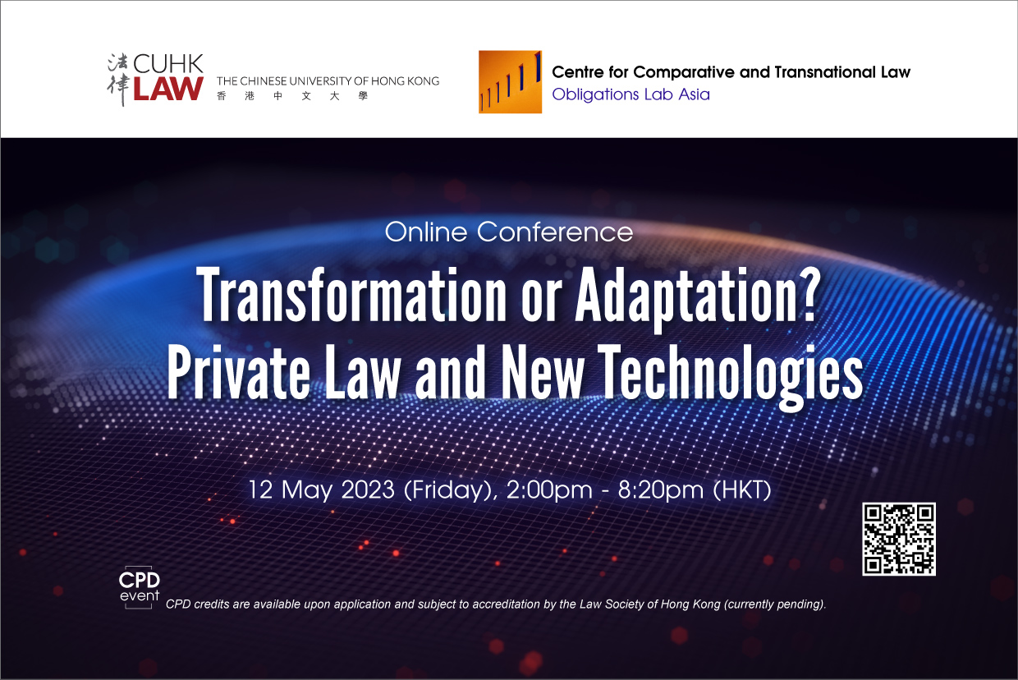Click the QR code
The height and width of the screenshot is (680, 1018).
click(x=898, y=539)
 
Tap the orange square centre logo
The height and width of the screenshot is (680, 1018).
click(x=510, y=82)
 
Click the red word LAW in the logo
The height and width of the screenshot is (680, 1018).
click(x=168, y=89)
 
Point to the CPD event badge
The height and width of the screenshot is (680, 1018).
click(x=139, y=587)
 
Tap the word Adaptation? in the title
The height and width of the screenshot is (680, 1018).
click(x=698, y=298)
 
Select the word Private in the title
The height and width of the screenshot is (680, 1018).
click(x=239, y=372)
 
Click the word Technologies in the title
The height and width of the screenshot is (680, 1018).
click(x=730, y=376)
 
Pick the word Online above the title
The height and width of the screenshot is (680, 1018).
click(x=426, y=232)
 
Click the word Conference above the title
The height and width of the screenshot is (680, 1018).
click(x=555, y=232)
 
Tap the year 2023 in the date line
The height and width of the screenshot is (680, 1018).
click(x=367, y=490)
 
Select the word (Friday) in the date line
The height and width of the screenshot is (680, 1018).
click(x=451, y=491)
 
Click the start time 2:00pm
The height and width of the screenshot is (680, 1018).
click(x=549, y=491)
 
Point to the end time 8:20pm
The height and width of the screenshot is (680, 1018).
click(x=660, y=491)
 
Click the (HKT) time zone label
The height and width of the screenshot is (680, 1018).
click(x=742, y=490)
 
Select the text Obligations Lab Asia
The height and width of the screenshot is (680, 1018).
click(x=631, y=94)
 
